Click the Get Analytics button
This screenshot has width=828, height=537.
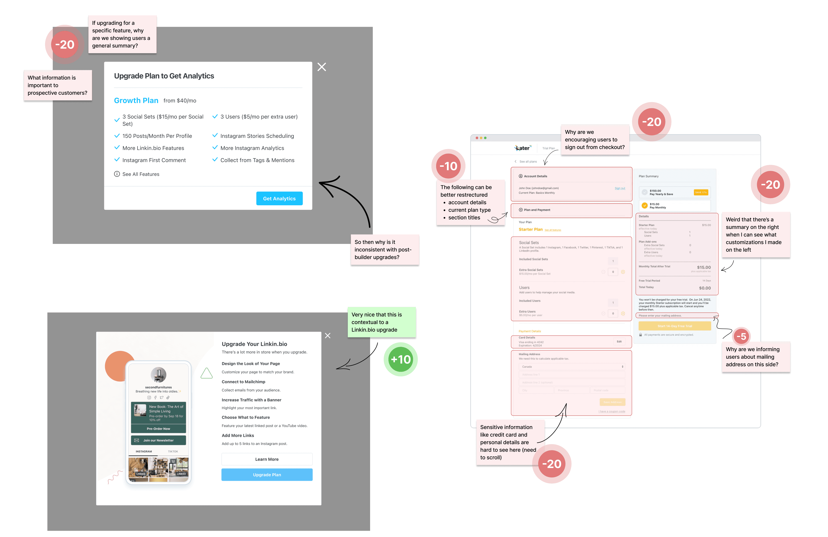tap(279, 199)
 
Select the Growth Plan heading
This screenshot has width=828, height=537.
tap(136, 100)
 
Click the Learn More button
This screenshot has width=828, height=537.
tap(267, 459)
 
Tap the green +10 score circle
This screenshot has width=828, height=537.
tap(400, 359)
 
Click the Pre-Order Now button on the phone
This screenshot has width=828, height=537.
tap(158, 429)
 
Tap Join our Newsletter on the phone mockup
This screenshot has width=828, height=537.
tap(158, 440)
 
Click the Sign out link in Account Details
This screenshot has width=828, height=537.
tap(620, 188)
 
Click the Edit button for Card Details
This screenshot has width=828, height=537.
tap(619, 342)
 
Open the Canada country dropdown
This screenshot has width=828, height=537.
tap(572, 367)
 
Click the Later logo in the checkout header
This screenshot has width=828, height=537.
tap(523, 148)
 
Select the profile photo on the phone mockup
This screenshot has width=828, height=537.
tap(158, 375)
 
